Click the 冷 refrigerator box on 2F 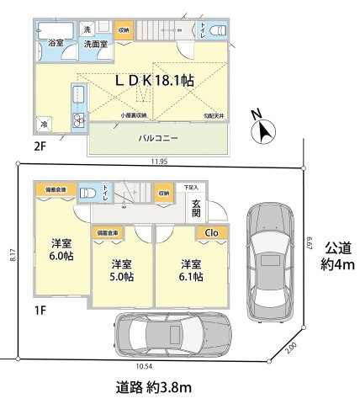[43, 124]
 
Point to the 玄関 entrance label [195, 208]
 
